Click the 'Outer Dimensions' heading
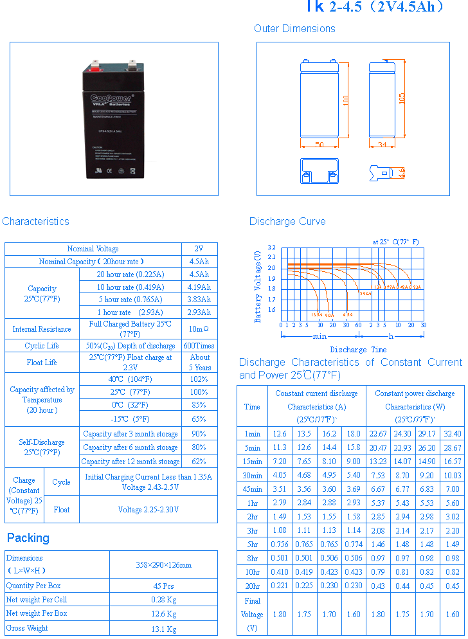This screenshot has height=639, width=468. pyautogui.click(x=294, y=29)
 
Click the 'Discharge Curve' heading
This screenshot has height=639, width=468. pyautogui.click(x=287, y=222)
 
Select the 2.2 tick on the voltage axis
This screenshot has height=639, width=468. pyautogui.click(x=271, y=248)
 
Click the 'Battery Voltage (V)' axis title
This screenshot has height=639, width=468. pyautogui.click(x=258, y=287)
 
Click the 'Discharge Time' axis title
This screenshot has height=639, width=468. pyautogui.click(x=358, y=350)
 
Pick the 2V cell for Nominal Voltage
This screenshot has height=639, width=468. pyautogui.click(x=199, y=249)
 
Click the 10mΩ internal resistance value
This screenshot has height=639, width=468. pyautogui.click(x=199, y=329)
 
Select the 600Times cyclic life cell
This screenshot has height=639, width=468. pyautogui.click(x=199, y=346)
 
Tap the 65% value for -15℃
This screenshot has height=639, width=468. pyautogui.click(x=199, y=419)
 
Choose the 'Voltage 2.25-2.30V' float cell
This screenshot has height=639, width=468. pyautogui.click(x=148, y=510)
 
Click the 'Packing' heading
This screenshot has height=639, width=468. pyautogui.click(x=28, y=538)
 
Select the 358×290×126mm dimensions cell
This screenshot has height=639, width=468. pyautogui.click(x=163, y=565)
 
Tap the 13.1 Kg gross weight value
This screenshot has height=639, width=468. pyautogui.click(x=163, y=629)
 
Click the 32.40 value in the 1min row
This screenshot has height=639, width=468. pyautogui.click(x=452, y=434)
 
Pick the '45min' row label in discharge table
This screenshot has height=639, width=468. pyautogui.click(x=252, y=489)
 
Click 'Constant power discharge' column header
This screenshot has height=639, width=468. pyautogui.click(x=415, y=393)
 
